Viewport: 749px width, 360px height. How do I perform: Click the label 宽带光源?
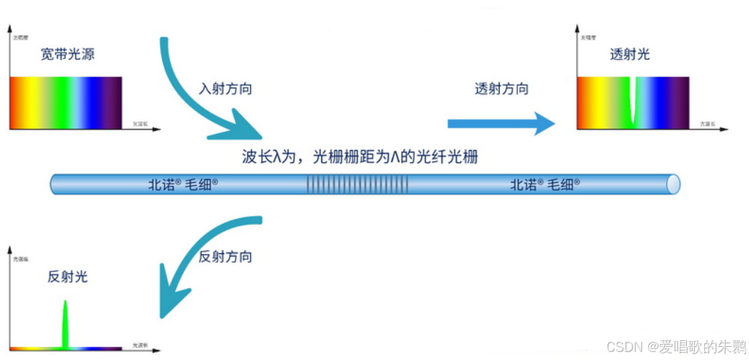67,54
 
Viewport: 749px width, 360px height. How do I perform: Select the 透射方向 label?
501,89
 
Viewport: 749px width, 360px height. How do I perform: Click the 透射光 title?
629,54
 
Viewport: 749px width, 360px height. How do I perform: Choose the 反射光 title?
67,277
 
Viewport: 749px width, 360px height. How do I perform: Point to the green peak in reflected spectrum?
66,322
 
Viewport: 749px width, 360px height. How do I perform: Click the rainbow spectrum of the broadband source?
66,102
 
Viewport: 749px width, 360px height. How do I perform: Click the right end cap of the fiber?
672,184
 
